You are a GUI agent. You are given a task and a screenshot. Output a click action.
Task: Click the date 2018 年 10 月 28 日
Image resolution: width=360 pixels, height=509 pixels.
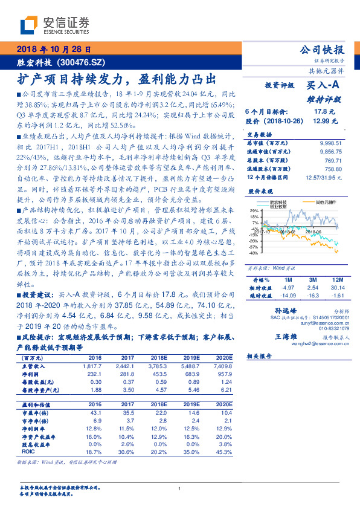[x=53, y=49]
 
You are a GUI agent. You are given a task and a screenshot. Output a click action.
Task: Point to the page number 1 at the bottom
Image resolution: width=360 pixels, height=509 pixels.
[x=180, y=489]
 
